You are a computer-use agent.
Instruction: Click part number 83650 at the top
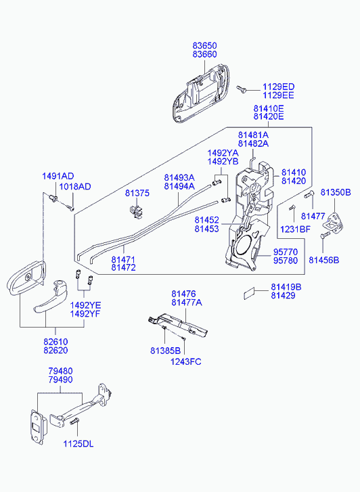(204, 46)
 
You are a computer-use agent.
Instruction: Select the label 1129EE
(278, 95)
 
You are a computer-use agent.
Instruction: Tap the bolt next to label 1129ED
(242, 89)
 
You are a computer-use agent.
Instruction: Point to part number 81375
(137, 193)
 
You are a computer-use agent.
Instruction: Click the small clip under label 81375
(136, 211)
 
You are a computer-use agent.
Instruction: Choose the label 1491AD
(58, 176)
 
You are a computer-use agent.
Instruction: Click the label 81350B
(336, 192)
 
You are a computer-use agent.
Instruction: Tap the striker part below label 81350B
(335, 223)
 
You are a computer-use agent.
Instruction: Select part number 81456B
(324, 260)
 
